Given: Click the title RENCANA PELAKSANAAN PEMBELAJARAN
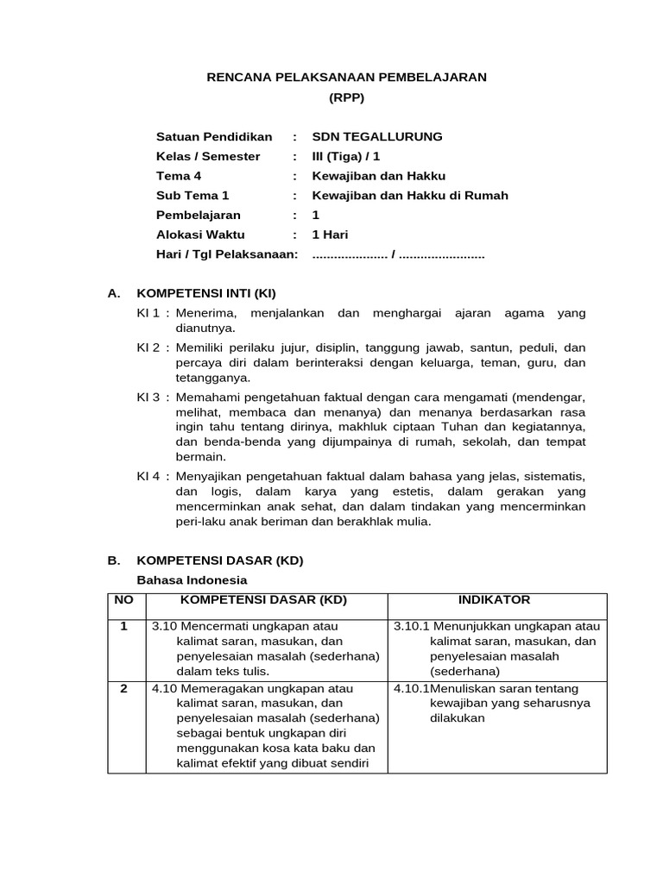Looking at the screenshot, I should point(346,78).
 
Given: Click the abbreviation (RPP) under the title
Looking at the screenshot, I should point(347,97).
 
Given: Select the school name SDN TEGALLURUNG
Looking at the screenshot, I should point(376,137).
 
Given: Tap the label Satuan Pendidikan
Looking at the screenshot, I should point(213,137).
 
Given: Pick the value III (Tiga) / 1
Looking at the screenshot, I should point(345,157).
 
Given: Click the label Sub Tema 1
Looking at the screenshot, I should point(193,196).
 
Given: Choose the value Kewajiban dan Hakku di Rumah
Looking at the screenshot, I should point(409,196).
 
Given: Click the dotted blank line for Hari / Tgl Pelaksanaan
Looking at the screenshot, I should point(398,255).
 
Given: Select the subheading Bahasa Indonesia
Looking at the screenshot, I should point(193,579).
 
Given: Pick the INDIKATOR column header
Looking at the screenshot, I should point(496,600).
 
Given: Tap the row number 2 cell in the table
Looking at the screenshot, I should point(125,689).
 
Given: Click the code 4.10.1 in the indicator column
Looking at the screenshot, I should point(411,689).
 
